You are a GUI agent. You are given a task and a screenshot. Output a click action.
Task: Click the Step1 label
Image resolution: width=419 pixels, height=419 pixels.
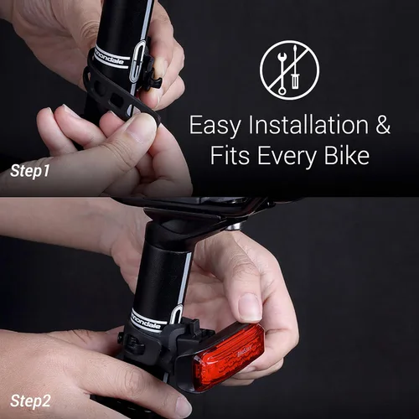click(x=30, y=171)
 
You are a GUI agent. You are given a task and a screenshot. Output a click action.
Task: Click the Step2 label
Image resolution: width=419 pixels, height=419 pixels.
click(x=32, y=401)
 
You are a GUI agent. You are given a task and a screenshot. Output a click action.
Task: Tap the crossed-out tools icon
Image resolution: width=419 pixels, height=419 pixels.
click(x=289, y=70)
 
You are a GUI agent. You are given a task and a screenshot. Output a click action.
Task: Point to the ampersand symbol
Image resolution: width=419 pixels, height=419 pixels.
click(x=382, y=127)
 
